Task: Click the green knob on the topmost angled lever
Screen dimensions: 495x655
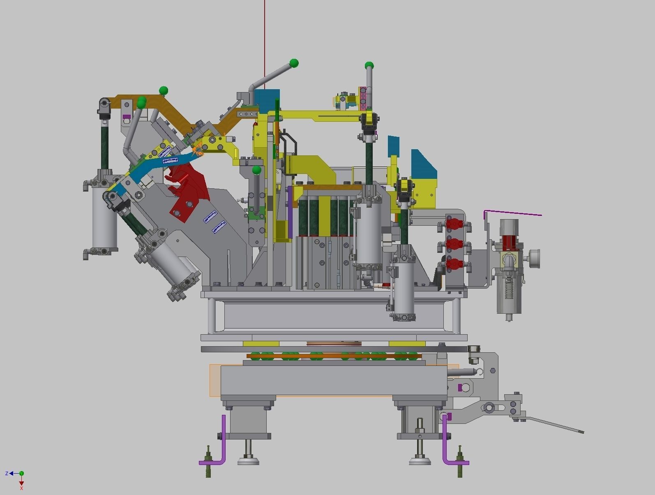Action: (294, 63)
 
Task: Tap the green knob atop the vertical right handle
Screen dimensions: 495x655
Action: (369, 65)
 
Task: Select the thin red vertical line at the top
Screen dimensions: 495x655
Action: (265, 41)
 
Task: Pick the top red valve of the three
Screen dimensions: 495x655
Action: (454, 224)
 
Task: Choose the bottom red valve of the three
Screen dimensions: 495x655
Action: (454, 264)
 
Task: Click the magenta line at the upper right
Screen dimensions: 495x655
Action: (514, 213)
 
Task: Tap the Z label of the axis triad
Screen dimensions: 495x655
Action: (7, 474)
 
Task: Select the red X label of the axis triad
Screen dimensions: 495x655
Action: (21, 488)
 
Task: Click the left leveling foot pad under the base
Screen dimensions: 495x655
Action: (248, 461)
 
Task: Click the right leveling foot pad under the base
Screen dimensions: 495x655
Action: (420, 461)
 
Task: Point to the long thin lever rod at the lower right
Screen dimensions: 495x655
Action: (555, 425)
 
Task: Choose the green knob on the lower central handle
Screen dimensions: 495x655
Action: (257, 170)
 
